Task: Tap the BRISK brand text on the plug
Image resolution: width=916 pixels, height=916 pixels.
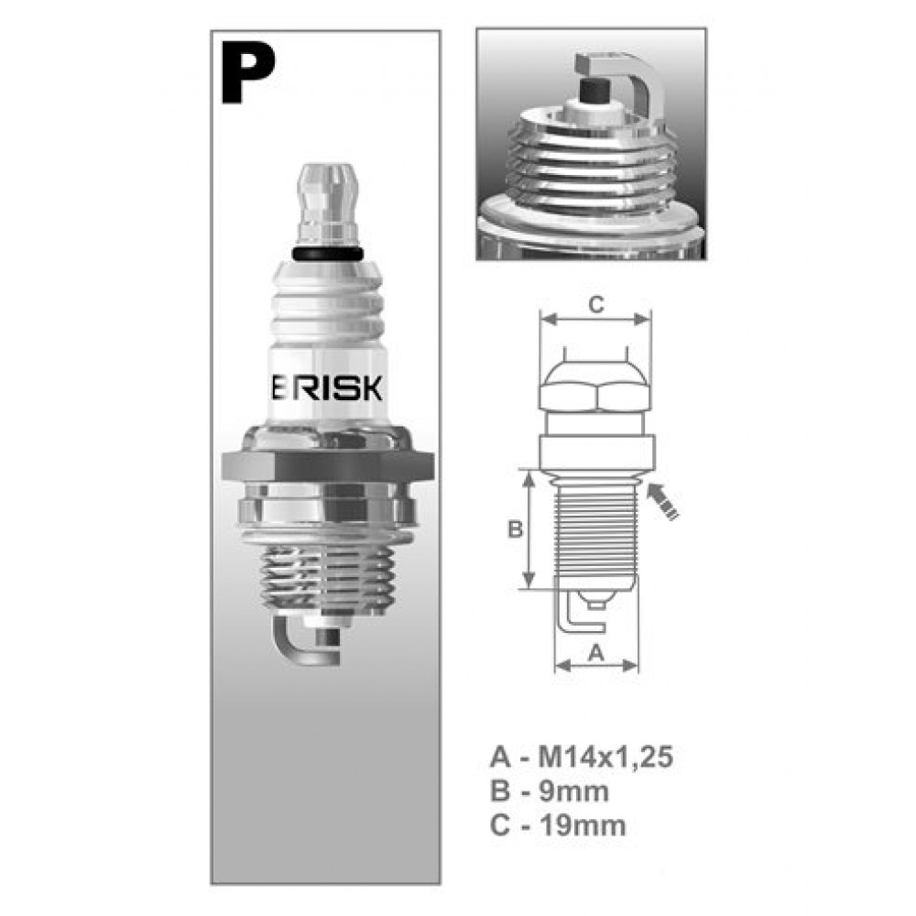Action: (x=327, y=387)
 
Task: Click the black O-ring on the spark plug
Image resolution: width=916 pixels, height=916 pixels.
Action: (x=328, y=254)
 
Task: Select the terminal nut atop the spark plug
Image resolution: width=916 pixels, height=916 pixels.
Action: (x=327, y=204)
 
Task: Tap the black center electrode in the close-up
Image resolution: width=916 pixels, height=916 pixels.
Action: (x=594, y=90)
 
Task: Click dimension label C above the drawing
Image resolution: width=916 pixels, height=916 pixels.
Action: (x=596, y=305)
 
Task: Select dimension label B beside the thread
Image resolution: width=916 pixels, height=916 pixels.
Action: (x=515, y=529)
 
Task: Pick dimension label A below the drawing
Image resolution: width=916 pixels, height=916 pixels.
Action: (x=595, y=652)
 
